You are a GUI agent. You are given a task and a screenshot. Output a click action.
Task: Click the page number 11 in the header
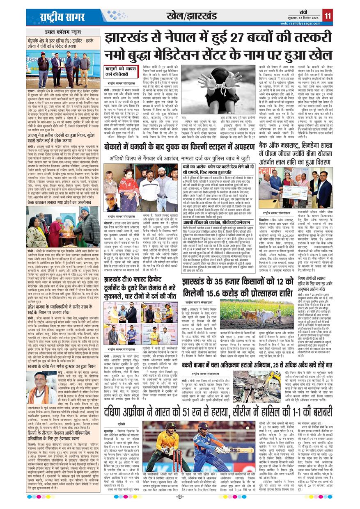(x=326, y=15)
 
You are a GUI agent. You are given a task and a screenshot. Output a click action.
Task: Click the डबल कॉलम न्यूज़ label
(x=62, y=32)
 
